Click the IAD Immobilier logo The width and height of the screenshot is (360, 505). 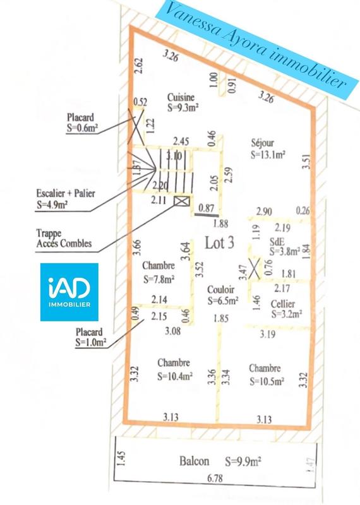pos(69,292)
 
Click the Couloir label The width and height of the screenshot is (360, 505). pos(222,295)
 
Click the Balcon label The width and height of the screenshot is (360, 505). pos(194,461)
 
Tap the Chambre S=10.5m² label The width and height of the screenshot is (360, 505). pos(267,374)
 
